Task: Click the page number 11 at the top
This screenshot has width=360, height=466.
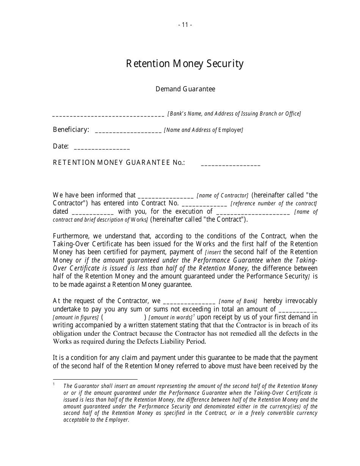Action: [x=185, y=25]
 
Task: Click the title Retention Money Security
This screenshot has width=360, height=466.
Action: [x=185, y=64]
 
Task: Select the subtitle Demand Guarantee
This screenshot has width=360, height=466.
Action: [x=185, y=89]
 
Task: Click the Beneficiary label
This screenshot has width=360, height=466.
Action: [x=71, y=130]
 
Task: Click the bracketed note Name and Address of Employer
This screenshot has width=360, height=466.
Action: [x=203, y=130]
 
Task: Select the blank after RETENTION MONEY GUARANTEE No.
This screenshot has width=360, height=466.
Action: [x=230, y=164]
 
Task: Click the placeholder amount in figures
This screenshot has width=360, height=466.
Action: [x=76, y=318]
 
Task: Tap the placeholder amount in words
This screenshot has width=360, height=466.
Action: [x=170, y=318]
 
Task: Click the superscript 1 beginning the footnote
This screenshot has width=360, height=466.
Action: [x=54, y=384]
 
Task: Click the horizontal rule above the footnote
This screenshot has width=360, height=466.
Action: [x=95, y=379]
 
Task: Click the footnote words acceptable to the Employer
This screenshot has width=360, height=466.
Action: [x=96, y=420]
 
